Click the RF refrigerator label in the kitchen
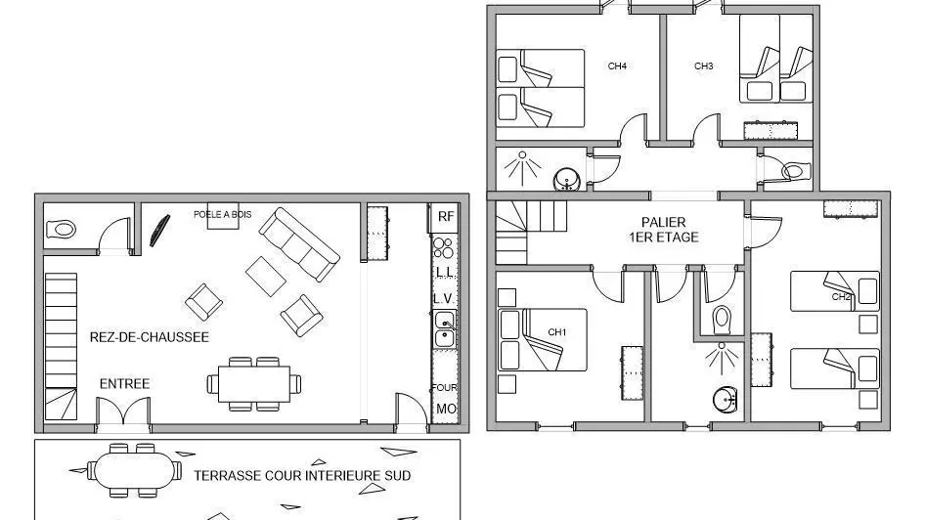coord(446,216)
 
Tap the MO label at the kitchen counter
coord(446,409)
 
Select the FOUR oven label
coord(444,387)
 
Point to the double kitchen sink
coord(445,329)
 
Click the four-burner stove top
coord(444,248)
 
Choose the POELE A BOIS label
coord(222,215)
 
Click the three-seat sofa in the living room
coord(299,244)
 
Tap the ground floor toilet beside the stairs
coord(62,229)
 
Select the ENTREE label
coord(124,384)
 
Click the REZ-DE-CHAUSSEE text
coord(150,337)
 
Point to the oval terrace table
coord(135,471)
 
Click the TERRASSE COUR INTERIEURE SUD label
coord(302,475)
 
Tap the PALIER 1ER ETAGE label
coord(664,230)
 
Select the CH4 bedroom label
coord(617,66)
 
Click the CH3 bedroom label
coord(704,66)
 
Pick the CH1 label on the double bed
coord(557,332)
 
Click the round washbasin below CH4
coord(567,179)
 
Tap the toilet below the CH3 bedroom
coord(793,171)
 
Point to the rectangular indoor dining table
coord(254,384)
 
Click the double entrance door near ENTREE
coord(123,411)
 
